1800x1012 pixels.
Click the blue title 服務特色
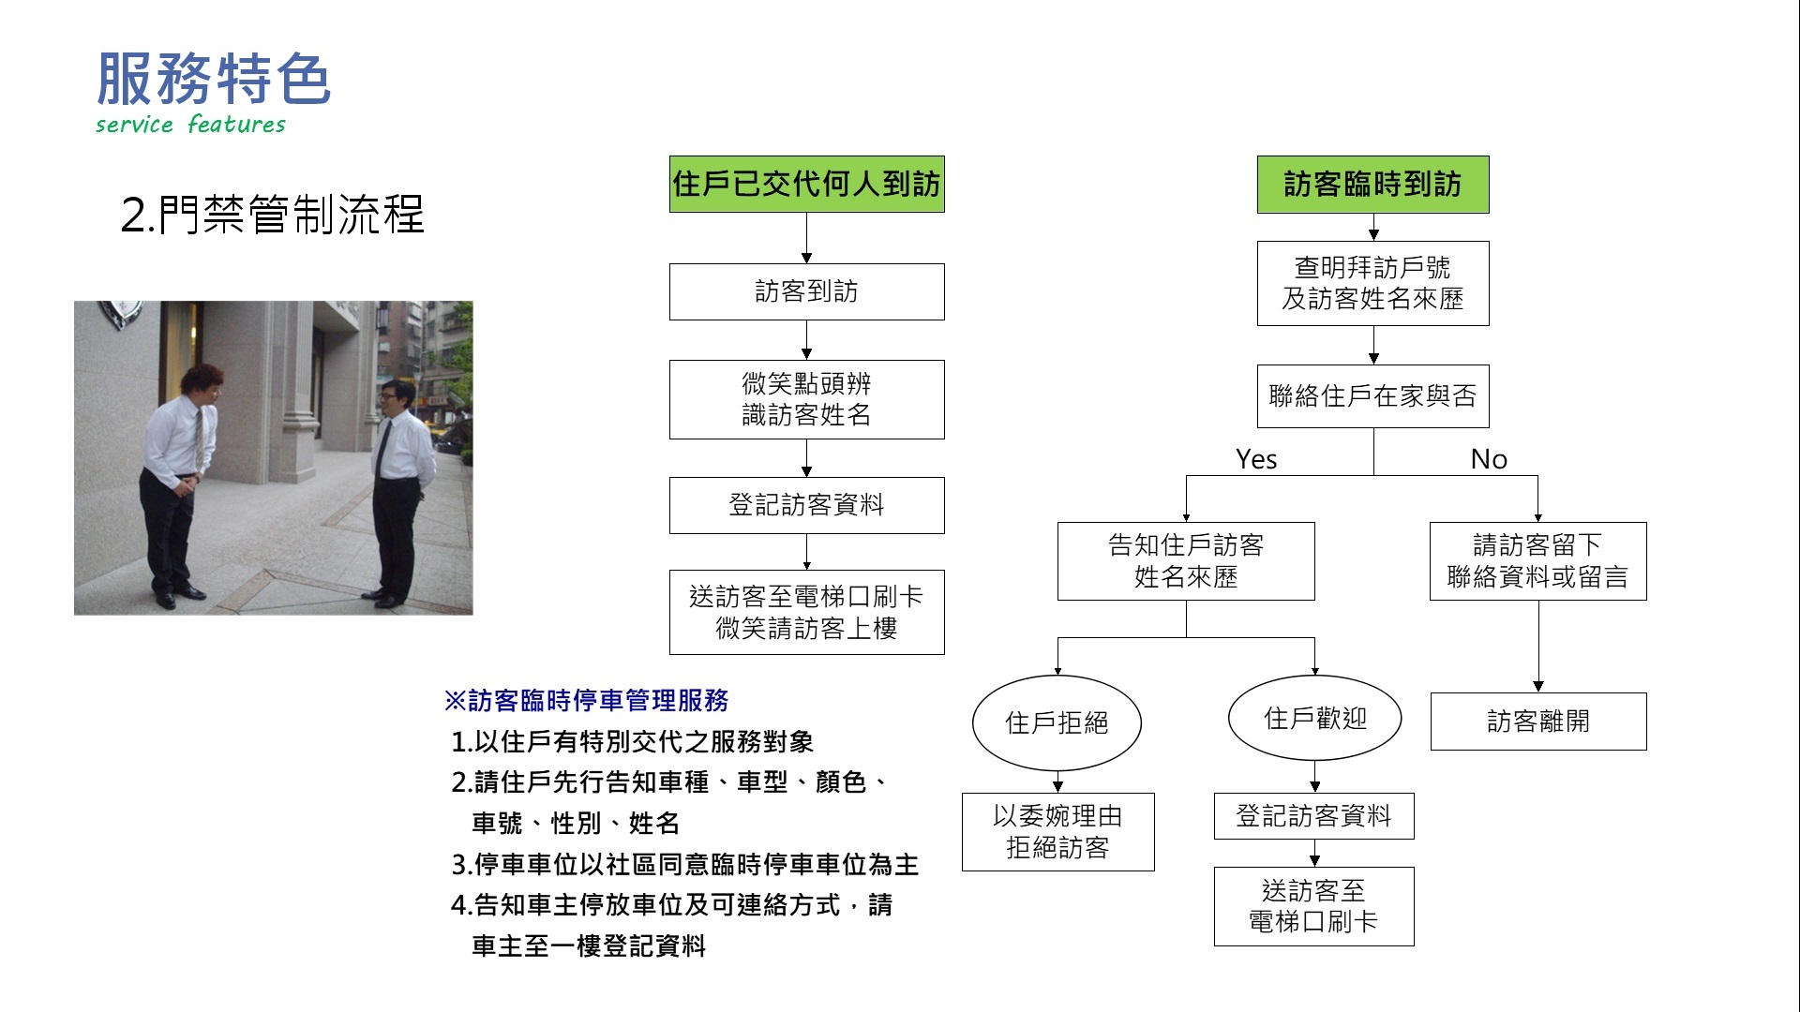point(214,79)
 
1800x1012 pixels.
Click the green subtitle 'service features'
point(190,124)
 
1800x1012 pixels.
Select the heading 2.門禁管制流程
point(273,215)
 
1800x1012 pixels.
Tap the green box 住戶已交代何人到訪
point(806,184)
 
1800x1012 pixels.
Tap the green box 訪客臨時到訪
point(1372,184)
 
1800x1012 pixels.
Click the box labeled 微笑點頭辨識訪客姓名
point(806,399)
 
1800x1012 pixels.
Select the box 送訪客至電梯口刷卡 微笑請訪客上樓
point(806,612)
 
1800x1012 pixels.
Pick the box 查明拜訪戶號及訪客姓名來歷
point(1372,283)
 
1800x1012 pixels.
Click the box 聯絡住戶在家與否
point(1372,395)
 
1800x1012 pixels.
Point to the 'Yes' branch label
point(1256,459)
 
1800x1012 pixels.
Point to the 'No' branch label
point(1489,459)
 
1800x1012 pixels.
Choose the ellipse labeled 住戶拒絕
point(1057,722)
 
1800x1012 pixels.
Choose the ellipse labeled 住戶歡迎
point(1314,719)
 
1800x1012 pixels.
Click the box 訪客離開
point(1538,722)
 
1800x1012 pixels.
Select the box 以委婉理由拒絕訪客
point(1057,832)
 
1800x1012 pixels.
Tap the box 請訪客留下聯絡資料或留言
point(1537,560)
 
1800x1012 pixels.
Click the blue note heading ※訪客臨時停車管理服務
point(586,700)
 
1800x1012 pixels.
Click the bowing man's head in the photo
point(201,384)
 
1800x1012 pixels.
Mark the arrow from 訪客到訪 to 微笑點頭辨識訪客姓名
point(806,340)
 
